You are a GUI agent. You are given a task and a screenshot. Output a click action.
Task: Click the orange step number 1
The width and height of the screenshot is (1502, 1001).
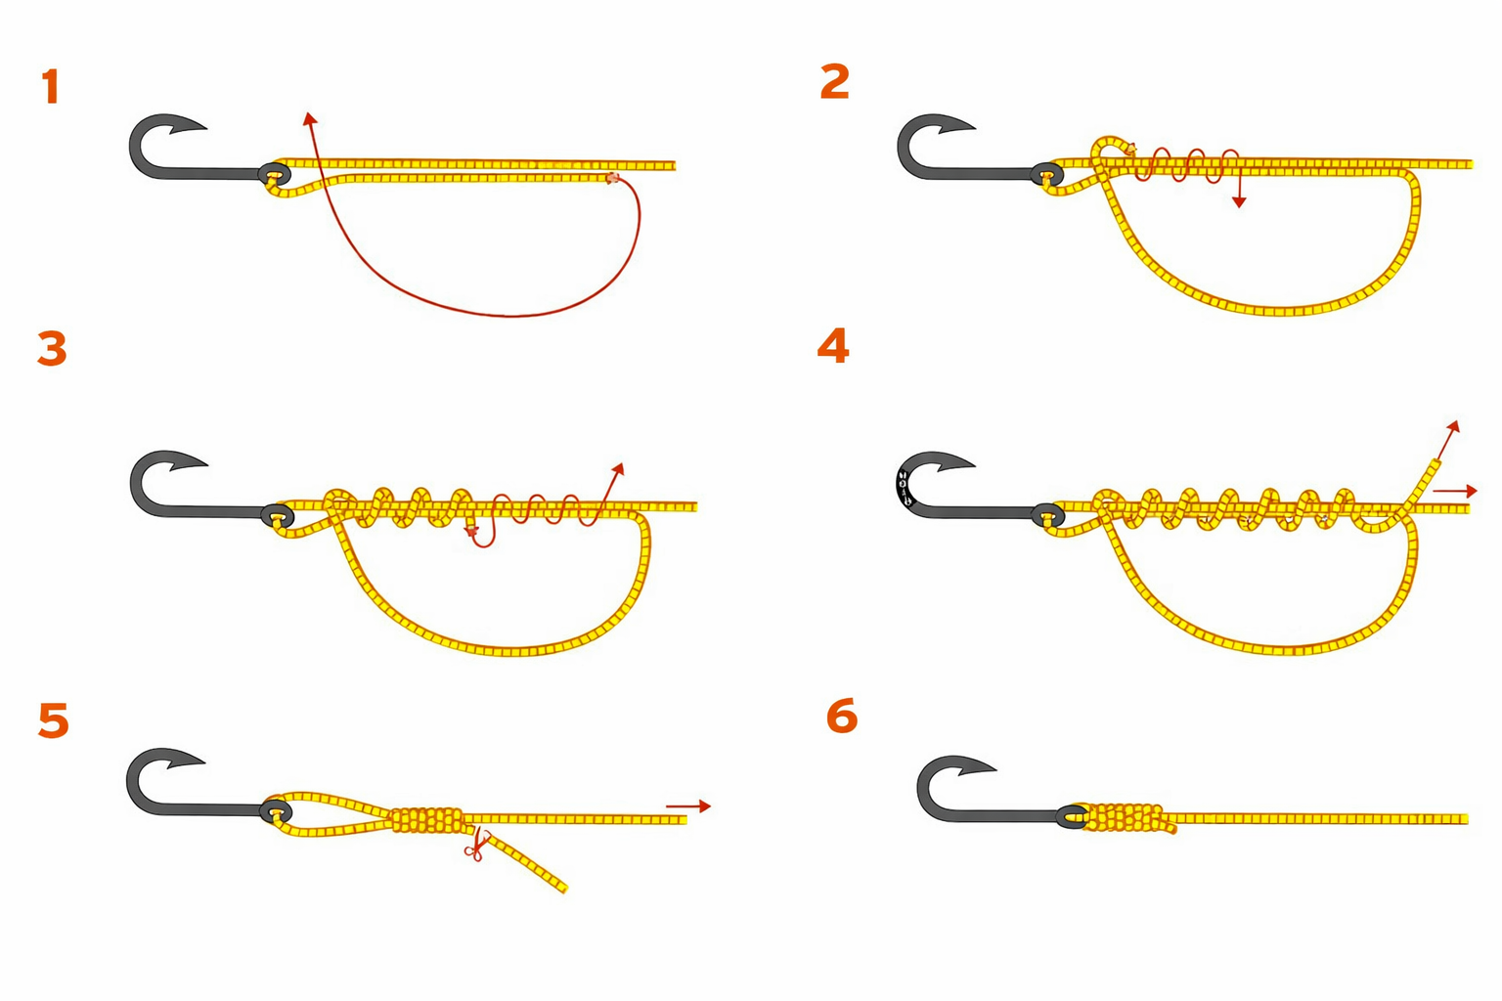tap(51, 86)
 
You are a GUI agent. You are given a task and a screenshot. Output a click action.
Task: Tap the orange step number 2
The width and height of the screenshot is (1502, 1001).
tap(835, 82)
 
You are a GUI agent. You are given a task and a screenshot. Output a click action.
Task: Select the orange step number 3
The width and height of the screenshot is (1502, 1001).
tap(52, 349)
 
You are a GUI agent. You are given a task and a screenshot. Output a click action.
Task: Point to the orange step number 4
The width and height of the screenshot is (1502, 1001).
tap(833, 346)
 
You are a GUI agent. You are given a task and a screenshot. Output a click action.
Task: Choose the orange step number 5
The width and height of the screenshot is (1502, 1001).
tap(54, 720)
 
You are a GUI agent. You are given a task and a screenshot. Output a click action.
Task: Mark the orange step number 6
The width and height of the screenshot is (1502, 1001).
tap(842, 716)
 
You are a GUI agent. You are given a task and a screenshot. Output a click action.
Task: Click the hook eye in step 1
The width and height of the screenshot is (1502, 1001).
tap(275, 174)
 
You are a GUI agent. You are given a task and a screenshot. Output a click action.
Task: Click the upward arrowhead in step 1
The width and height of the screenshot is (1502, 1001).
tap(309, 118)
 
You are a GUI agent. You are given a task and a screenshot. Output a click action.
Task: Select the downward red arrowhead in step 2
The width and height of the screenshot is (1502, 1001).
tap(1239, 200)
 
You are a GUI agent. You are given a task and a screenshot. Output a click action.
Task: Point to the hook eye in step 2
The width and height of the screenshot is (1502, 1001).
tap(1046, 176)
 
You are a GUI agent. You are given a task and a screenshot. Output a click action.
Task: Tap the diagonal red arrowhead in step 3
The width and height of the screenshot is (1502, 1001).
tap(619, 468)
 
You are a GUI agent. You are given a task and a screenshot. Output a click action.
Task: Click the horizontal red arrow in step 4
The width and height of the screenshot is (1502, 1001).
tap(1455, 491)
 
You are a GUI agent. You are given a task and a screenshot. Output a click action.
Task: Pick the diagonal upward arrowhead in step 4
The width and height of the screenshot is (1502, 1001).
tap(1453, 427)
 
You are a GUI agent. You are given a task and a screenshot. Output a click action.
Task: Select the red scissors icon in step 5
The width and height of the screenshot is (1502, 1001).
tap(475, 845)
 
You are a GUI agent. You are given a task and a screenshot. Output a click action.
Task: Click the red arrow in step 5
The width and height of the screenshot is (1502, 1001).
tap(688, 805)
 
